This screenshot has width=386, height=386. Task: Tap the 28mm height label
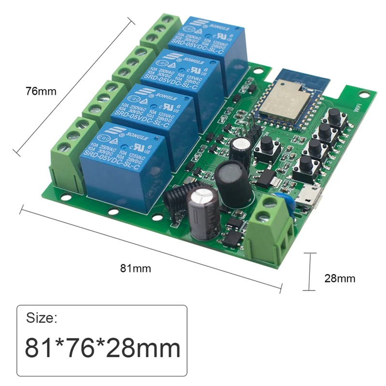click(341, 278)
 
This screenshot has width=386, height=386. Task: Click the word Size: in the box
click(42, 319)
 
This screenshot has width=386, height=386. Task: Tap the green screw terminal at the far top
click(159, 29)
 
